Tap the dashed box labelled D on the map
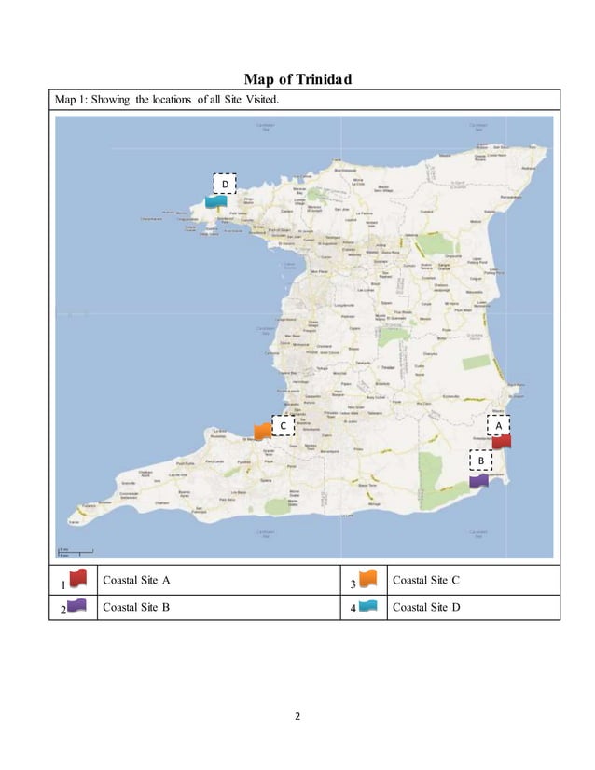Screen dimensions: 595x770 224,184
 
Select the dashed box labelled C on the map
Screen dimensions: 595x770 283,425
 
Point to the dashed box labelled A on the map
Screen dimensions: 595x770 499,424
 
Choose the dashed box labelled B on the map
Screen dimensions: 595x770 480,461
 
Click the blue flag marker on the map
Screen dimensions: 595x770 216,200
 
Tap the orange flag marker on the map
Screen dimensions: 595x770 263,430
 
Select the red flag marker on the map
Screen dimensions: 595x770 502,442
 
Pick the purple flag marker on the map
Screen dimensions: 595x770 479,481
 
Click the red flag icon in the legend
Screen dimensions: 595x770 77,579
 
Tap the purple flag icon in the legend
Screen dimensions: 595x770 77,606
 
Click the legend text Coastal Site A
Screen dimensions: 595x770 136,580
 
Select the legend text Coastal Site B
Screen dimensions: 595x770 136,607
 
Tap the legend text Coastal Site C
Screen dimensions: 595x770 426,580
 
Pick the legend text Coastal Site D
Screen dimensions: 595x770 426,607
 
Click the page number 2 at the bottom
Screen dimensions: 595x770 297,717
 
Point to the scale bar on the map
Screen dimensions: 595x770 75,551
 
